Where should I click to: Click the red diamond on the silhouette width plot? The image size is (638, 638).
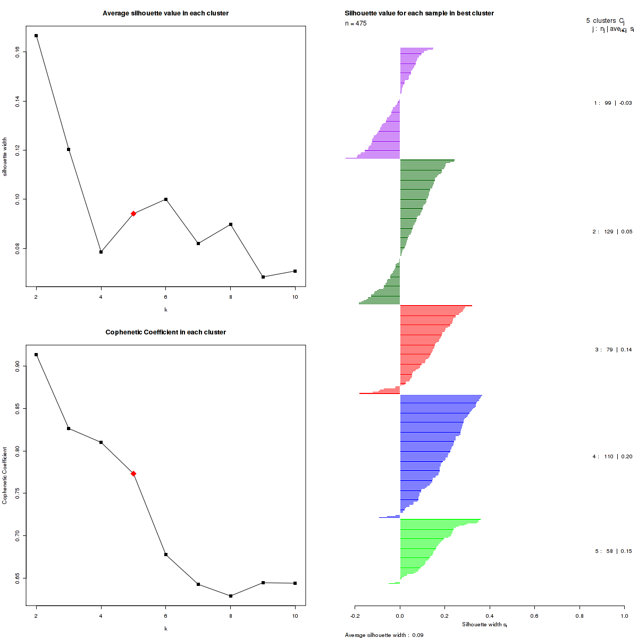coord(133,214)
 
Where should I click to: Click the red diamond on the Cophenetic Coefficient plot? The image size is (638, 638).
coord(133,474)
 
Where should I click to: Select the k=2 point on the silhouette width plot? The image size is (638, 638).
coord(36,36)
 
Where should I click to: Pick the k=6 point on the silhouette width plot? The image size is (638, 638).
coord(166,199)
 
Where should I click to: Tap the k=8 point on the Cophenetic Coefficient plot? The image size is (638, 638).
coord(230,596)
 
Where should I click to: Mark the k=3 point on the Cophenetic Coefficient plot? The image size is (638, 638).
coord(69,429)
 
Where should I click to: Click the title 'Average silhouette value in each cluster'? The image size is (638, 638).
coord(165,13)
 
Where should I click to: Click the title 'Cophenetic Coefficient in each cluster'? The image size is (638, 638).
coord(165,332)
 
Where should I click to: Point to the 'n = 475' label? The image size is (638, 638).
coord(356,23)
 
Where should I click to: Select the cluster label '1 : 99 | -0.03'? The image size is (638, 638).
coord(612,103)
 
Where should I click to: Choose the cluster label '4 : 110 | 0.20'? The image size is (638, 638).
coord(612,457)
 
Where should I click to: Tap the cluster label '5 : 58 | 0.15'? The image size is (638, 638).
coord(613,551)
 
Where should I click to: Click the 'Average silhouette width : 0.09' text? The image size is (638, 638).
coord(384,635)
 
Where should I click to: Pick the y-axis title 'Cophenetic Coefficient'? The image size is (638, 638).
coord(5,475)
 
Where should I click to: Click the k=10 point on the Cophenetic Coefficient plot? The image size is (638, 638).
coord(295,583)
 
